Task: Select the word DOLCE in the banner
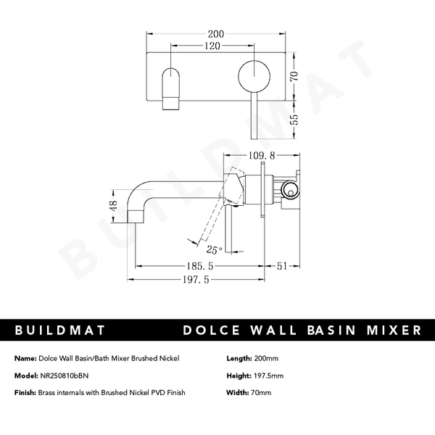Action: pos(217,330)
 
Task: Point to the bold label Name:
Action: pos(26,358)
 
